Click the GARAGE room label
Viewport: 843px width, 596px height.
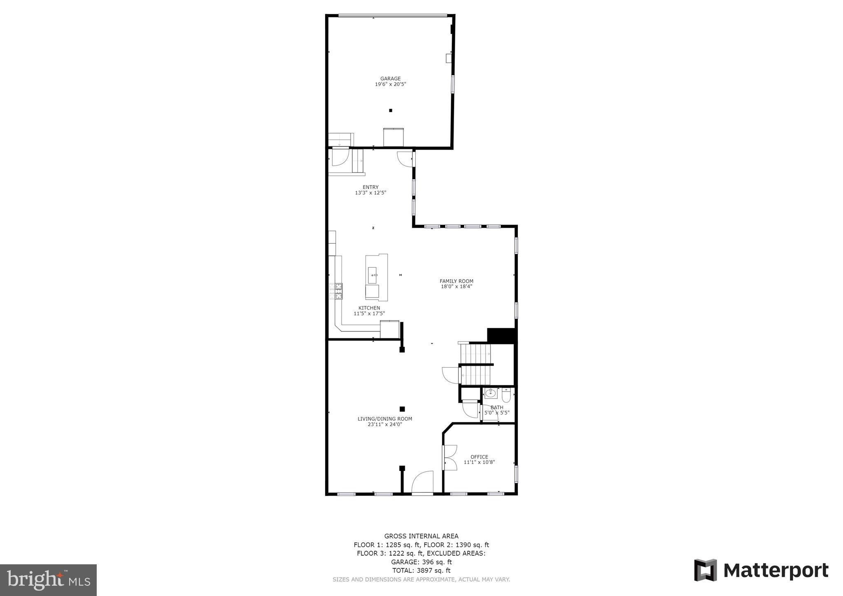click(390, 79)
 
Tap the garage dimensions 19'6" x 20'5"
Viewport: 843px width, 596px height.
click(390, 84)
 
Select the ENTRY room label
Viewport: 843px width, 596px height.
click(370, 187)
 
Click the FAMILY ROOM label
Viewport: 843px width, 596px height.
click(456, 281)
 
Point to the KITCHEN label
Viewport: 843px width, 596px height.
click(369, 308)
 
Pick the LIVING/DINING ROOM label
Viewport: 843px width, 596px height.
click(384, 419)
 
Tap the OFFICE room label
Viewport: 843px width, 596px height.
click(479, 457)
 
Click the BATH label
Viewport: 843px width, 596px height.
click(497, 407)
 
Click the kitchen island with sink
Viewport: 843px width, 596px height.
click(376, 277)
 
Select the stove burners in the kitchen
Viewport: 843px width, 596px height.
click(338, 291)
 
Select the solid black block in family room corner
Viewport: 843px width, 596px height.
click(501, 335)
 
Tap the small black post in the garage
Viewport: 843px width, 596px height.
click(391, 110)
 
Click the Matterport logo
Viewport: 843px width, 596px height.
click(761, 571)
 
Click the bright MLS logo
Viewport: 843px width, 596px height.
click(48, 580)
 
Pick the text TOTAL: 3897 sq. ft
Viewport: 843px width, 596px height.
click(421, 570)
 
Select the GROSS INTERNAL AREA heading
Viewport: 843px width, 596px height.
click(421, 536)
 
